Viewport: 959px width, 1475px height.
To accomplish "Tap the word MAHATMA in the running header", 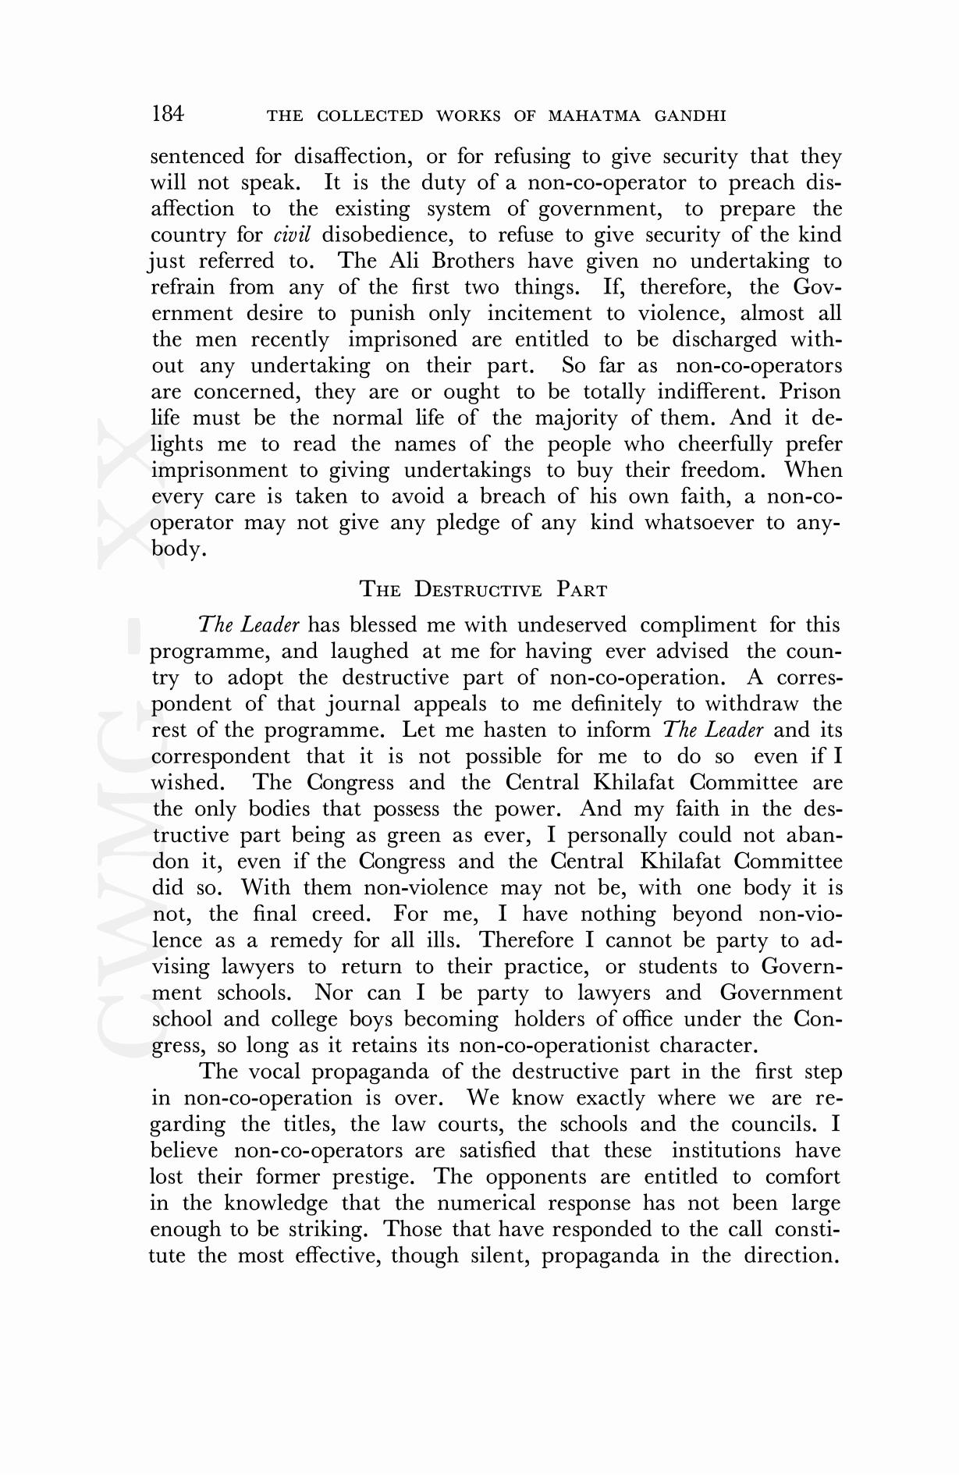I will click(x=594, y=117).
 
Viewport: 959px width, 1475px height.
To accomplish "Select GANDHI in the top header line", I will click(x=691, y=117).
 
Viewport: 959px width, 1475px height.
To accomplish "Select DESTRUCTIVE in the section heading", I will click(x=478, y=589).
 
